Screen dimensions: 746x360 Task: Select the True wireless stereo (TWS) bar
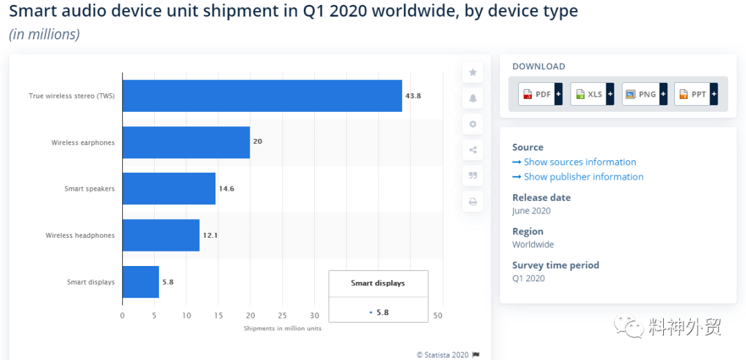click(x=262, y=96)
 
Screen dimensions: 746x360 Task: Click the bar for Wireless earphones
click(x=186, y=142)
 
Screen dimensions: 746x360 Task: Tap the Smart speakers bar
click(x=169, y=189)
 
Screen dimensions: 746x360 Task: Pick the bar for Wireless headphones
click(x=161, y=235)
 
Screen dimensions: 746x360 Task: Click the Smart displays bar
click(x=141, y=282)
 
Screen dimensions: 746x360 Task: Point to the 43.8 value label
click(x=413, y=96)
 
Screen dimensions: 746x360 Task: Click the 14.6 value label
click(x=227, y=189)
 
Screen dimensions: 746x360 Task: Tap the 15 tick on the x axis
click(x=218, y=315)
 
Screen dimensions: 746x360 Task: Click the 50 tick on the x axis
click(x=438, y=315)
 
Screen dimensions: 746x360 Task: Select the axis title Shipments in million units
click(x=283, y=329)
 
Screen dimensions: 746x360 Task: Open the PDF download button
click(x=540, y=94)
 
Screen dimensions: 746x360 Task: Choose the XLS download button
click(x=593, y=94)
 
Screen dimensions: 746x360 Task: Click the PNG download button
click(x=644, y=94)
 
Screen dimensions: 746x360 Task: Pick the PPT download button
click(x=696, y=94)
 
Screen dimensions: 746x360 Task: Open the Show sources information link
click(x=574, y=162)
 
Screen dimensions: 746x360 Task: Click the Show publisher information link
click(x=578, y=177)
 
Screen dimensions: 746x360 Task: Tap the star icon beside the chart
click(x=473, y=73)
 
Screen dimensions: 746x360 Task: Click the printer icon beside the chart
click(x=473, y=202)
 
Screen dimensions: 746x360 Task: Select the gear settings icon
click(x=473, y=124)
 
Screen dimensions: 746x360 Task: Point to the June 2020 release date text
click(x=531, y=211)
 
